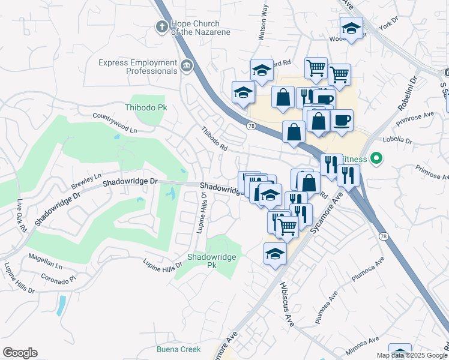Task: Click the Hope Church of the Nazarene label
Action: tap(200, 28)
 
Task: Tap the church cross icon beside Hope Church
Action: tap(161, 26)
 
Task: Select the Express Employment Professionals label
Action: tap(137, 67)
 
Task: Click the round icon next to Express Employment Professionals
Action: tap(187, 65)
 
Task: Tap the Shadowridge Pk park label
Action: tap(211, 260)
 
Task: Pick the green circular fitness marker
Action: tap(376, 158)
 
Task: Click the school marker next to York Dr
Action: tap(351, 28)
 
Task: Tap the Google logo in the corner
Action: tap(20, 353)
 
